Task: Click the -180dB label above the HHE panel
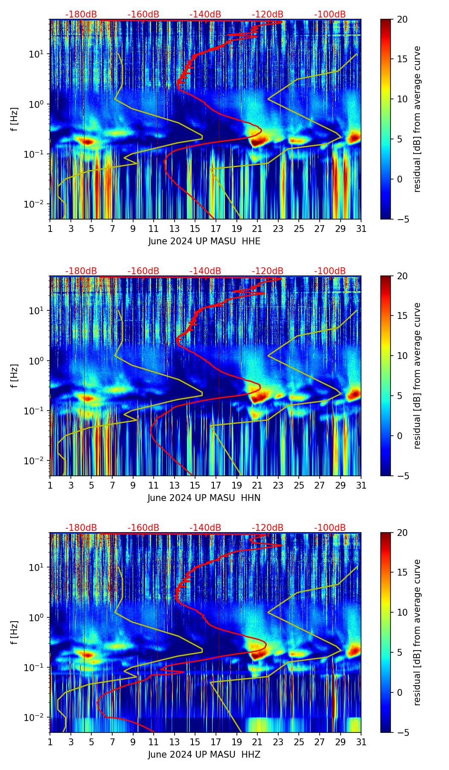click(x=81, y=14)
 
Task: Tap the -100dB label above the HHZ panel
click(x=330, y=528)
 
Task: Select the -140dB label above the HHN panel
click(x=205, y=271)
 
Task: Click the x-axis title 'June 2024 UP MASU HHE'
click(x=204, y=241)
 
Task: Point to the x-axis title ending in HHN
click(x=204, y=498)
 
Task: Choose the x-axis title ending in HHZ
click(x=204, y=755)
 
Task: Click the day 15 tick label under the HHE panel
click(x=195, y=229)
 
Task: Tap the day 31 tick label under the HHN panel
click(x=361, y=485)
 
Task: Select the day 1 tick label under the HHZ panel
click(x=50, y=742)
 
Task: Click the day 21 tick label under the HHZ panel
click(x=257, y=742)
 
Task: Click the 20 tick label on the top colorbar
click(x=402, y=20)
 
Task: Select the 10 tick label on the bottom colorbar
click(x=402, y=612)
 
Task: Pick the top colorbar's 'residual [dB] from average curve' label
click(x=417, y=119)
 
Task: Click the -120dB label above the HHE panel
click(x=268, y=14)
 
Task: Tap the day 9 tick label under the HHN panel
click(x=133, y=485)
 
